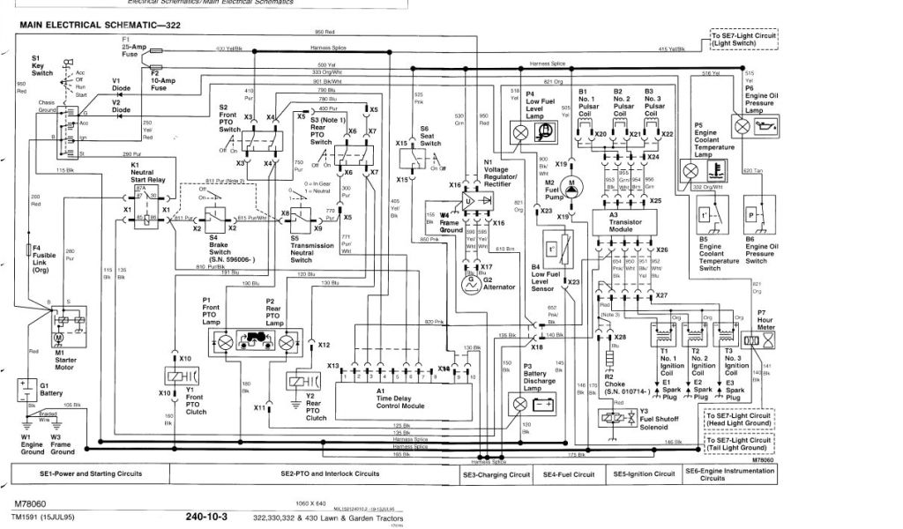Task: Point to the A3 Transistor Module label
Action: click(x=625, y=218)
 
